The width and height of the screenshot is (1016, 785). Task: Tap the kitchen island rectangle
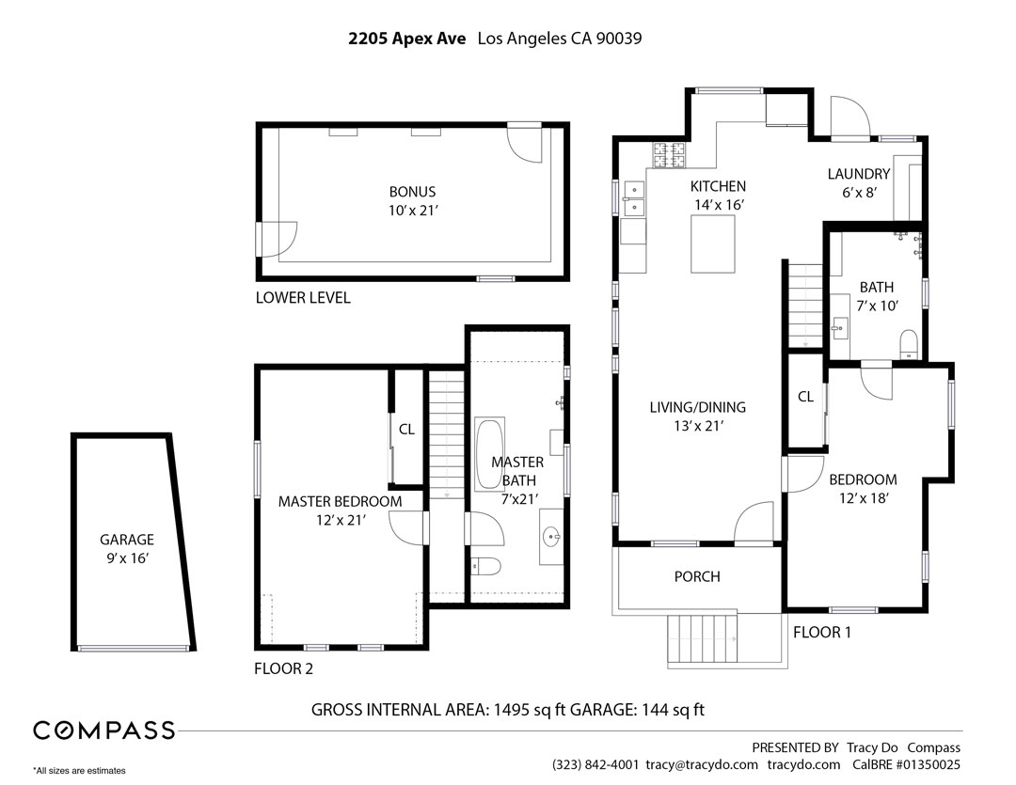coord(713,243)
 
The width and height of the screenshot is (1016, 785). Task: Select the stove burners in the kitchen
coord(669,155)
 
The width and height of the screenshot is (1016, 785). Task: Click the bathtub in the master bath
coord(488,454)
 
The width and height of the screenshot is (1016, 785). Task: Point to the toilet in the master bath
coord(485,565)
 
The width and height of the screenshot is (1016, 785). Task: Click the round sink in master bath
coord(550,538)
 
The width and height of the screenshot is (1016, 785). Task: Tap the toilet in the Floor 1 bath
coord(909,343)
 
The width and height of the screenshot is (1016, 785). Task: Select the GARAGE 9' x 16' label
coord(127,549)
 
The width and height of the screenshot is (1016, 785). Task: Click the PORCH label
coord(697,576)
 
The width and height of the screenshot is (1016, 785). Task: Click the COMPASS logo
coord(103,730)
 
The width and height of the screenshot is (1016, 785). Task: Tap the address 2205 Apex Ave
coord(406,39)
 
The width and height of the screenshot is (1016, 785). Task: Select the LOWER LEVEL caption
coord(303,298)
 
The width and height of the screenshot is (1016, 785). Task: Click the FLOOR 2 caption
coord(283,669)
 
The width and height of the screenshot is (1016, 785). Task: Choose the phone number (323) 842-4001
coord(595,764)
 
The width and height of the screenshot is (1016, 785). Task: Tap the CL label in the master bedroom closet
coord(406,430)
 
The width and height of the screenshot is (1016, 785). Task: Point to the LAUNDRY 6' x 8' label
coord(858,182)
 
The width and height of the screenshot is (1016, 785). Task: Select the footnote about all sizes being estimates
coord(79,771)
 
